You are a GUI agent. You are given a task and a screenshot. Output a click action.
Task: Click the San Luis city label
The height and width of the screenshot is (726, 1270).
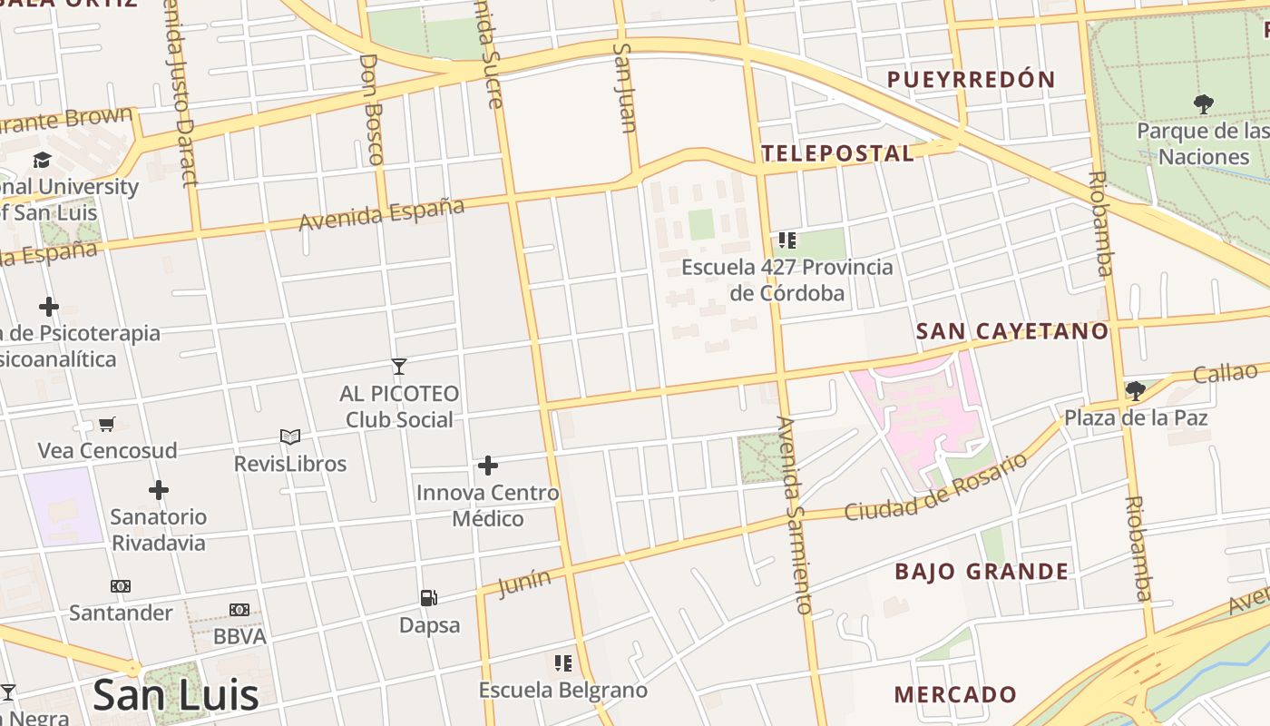click(x=175, y=695)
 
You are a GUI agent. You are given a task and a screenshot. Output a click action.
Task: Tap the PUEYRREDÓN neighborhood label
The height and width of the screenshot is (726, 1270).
click(x=971, y=80)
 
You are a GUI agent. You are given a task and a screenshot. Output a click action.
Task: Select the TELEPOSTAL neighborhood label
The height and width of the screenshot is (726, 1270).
click(x=837, y=153)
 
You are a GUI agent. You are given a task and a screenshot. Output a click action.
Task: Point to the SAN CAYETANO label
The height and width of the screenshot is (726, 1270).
click(x=1012, y=331)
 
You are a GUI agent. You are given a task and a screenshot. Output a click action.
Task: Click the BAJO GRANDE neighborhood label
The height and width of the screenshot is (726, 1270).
click(x=982, y=572)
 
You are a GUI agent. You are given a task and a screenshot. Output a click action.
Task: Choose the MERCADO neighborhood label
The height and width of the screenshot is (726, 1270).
click(x=955, y=695)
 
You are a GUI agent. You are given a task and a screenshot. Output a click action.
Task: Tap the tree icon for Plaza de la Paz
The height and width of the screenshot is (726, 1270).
click(x=1135, y=391)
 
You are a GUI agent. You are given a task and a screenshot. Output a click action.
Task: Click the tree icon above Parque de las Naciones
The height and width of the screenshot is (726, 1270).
click(x=1204, y=104)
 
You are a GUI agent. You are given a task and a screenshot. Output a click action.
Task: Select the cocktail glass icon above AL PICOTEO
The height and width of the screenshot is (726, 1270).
click(x=398, y=367)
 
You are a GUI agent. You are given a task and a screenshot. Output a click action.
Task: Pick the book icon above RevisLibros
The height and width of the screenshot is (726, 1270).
click(x=290, y=437)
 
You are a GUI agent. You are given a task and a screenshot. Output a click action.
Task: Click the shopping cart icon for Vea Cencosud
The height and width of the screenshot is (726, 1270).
click(x=107, y=424)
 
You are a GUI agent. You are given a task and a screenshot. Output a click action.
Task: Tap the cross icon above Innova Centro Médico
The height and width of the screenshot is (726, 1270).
click(x=488, y=466)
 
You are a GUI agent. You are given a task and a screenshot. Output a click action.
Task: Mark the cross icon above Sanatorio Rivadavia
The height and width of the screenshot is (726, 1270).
click(x=159, y=491)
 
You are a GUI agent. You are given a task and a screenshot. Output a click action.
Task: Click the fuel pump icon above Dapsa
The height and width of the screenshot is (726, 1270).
click(x=429, y=598)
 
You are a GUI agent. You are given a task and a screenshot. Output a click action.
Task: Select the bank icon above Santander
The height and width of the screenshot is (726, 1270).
click(x=121, y=586)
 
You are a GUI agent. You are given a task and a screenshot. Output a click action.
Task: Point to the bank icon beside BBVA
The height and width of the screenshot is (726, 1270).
click(x=239, y=610)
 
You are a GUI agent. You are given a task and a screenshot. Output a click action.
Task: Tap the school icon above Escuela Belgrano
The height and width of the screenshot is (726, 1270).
click(x=563, y=663)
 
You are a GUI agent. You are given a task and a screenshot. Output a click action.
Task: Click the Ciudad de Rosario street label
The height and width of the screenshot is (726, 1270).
click(x=936, y=487)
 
